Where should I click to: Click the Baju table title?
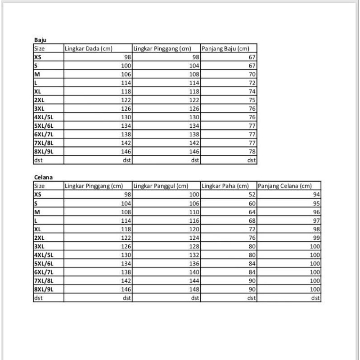pyautogui.click(x=40, y=40)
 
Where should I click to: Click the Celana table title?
pyautogui.click(x=44, y=177)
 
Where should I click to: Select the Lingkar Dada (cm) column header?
pyautogui.click(x=89, y=49)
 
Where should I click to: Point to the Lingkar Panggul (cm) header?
pyautogui.click(x=161, y=186)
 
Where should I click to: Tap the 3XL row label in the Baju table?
pyautogui.click(x=39, y=108)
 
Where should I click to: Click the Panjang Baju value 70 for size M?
pyautogui.click(x=252, y=74)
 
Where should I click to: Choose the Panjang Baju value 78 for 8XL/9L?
pyautogui.click(x=252, y=151)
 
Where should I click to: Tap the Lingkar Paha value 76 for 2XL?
pyautogui.click(x=252, y=238)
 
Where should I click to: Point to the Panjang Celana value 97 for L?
pyautogui.click(x=316, y=220)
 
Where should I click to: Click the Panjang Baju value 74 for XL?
pyautogui.click(x=252, y=91)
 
